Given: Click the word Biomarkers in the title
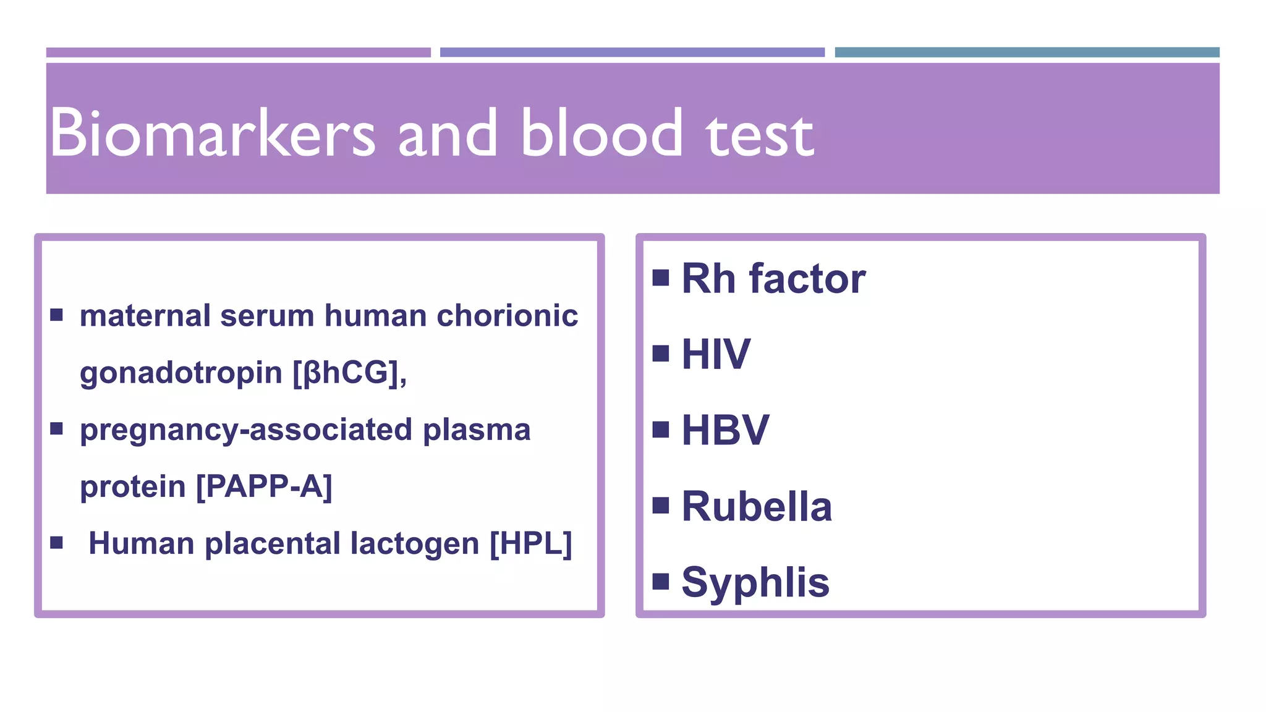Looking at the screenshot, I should click(x=212, y=133).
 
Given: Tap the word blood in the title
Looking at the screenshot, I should click(x=601, y=133).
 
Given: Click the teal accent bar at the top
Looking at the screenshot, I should click(x=1027, y=53).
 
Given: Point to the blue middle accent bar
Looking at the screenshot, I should click(x=632, y=53).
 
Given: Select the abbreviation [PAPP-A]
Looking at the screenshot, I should click(x=264, y=486).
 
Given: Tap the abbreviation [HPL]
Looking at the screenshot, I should click(x=530, y=544).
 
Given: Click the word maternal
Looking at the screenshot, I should click(x=145, y=316).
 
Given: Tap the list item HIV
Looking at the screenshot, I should click(x=716, y=355).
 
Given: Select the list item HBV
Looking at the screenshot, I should click(x=725, y=430).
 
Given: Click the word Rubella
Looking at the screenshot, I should click(x=757, y=507).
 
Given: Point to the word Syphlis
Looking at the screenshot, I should click(x=755, y=583).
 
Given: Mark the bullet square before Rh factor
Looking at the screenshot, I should click(x=661, y=278).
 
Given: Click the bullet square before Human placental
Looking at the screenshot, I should click(x=57, y=543).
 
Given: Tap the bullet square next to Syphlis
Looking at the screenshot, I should click(x=661, y=581).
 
